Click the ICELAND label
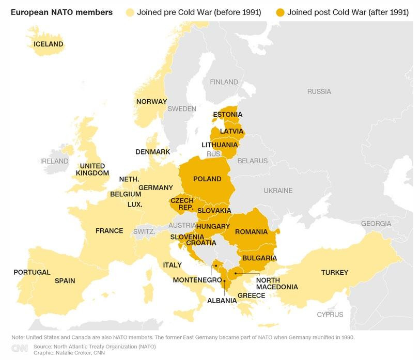pyautogui.click(x=49, y=44)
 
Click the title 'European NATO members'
pyautogui.click(x=61, y=12)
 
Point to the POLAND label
pyautogui.click(x=207, y=179)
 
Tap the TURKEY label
pyautogui.click(x=334, y=272)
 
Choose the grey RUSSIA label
pyautogui.click(x=319, y=91)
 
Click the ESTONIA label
pyautogui.click(x=227, y=115)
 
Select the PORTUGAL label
pyautogui.click(x=32, y=272)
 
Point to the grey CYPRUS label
pyautogui.click(x=330, y=314)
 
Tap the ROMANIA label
pyautogui.click(x=251, y=232)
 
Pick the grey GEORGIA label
pyautogui.click(x=376, y=224)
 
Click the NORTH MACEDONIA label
pyautogui.click(x=276, y=284)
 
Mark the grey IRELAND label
pyautogui.click(x=54, y=161)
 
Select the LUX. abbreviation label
pyautogui.click(x=134, y=204)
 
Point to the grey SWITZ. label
pyautogui.click(x=144, y=232)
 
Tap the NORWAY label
pyautogui.click(x=151, y=102)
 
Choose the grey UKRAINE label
pyautogui.click(x=277, y=191)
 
